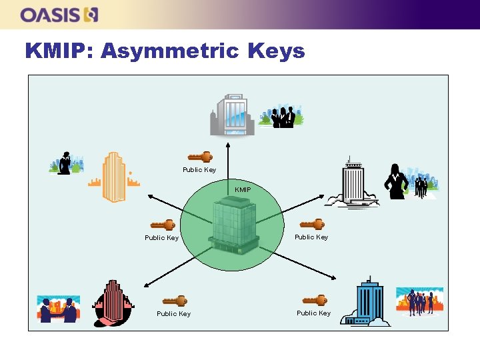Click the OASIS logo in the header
click(59, 14)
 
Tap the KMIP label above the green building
click(243, 190)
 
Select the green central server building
click(233, 227)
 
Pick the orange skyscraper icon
click(113, 177)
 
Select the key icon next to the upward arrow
click(200, 157)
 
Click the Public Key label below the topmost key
click(199, 170)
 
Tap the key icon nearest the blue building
click(314, 301)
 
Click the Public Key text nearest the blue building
click(313, 313)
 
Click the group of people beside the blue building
click(420, 302)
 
